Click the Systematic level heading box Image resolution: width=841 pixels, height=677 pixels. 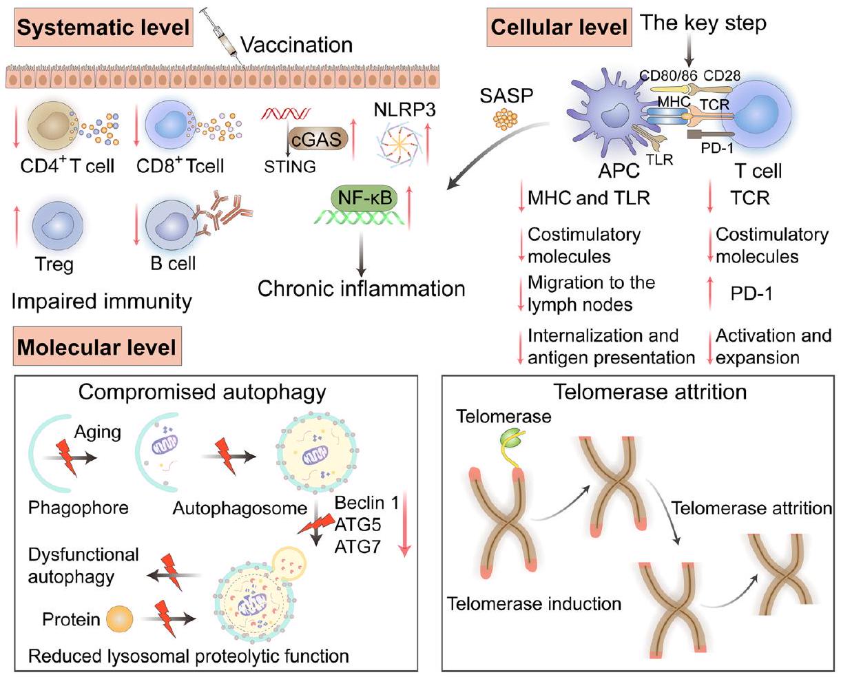coord(103,28)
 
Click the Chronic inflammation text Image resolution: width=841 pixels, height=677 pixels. coord(362,288)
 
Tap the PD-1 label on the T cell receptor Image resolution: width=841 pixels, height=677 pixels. coord(716,148)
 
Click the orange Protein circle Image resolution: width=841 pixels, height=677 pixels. coord(120,620)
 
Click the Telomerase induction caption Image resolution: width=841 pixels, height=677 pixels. coord(534,604)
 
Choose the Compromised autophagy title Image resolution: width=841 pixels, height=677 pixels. coord(202,392)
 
